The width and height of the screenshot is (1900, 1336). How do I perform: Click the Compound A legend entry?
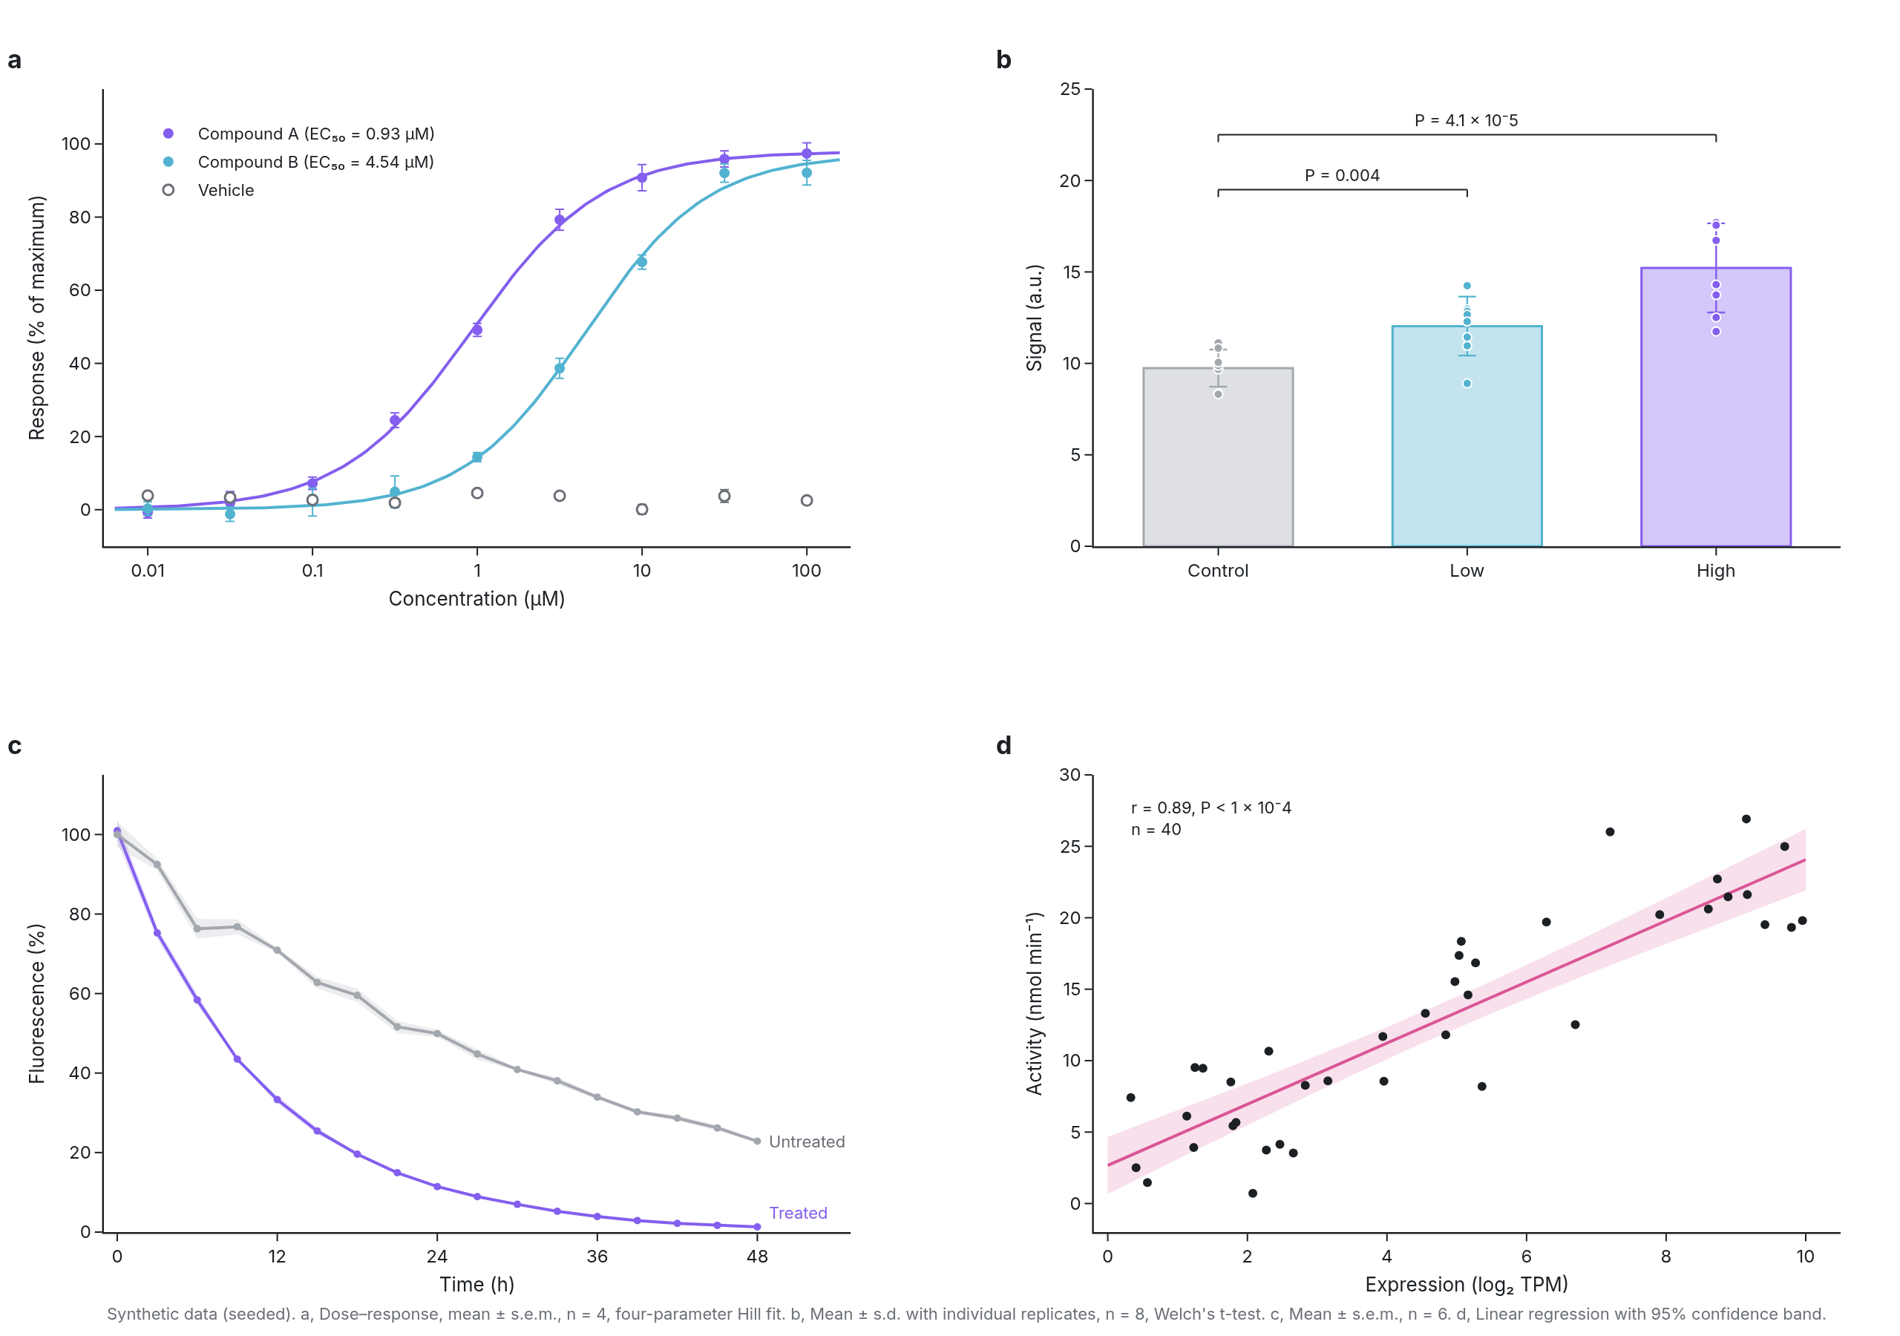tap(298, 134)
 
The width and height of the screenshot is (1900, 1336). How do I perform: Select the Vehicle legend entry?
tap(208, 191)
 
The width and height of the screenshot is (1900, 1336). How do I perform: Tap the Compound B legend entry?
tap(298, 163)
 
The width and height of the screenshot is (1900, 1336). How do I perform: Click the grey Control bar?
tap(1218, 457)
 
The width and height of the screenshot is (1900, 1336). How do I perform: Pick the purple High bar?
tap(1715, 407)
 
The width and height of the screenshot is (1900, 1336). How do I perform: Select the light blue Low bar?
tap(1467, 436)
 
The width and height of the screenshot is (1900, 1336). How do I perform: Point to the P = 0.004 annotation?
tap(1343, 175)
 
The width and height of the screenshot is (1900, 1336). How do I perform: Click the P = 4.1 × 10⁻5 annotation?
tap(1467, 120)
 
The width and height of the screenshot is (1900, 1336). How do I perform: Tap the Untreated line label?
tap(807, 1142)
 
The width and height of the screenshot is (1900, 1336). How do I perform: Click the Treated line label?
tap(799, 1213)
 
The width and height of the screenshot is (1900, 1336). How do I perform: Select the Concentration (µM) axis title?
tap(476, 598)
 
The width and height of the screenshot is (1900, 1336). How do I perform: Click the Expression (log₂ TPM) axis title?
tap(1467, 1285)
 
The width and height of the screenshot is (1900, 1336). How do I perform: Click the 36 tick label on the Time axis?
tap(597, 1257)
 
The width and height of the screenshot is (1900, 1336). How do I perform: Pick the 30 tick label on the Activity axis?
tap(1070, 775)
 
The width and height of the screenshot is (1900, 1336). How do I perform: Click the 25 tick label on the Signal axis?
tap(1070, 88)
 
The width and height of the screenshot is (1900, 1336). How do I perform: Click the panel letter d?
tap(1003, 746)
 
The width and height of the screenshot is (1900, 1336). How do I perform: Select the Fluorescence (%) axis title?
tap(36, 1003)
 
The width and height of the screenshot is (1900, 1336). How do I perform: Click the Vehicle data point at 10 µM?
tap(641, 509)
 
